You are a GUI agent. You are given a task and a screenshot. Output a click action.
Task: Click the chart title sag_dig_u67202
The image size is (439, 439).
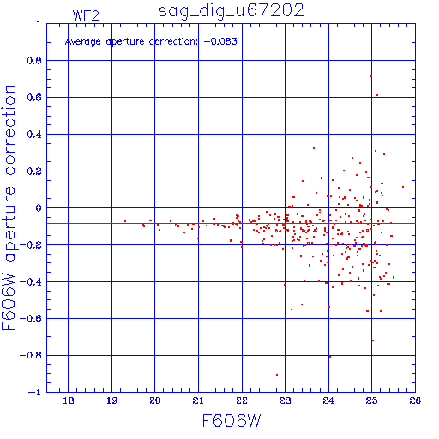[231, 11]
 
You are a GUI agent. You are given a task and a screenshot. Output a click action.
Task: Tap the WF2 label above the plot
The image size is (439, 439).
[86, 15]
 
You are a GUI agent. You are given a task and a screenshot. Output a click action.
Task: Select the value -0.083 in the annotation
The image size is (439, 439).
[220, 41]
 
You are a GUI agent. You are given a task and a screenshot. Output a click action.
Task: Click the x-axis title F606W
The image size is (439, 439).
[232, 420]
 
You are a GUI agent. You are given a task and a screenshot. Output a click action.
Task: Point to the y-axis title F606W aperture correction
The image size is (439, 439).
[9, 207]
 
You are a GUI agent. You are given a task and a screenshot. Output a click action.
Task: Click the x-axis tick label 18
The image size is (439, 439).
[69, 400]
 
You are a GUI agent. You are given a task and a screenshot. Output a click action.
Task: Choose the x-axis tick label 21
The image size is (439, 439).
[198, 400]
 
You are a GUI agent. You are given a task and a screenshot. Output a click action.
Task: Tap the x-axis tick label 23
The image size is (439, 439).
[285, 400]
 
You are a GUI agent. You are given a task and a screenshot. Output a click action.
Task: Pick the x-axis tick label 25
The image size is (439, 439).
[371, 400]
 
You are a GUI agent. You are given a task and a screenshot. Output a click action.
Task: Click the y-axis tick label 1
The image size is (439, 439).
[39, 24]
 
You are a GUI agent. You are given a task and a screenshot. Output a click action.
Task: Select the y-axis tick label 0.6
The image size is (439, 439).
[34, 98]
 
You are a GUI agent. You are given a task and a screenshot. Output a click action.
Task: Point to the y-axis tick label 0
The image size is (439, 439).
[39, 207]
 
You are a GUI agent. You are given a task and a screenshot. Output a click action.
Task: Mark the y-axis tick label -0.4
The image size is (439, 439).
[31, 282]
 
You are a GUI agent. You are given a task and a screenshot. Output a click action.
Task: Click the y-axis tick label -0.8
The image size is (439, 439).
[31, 355]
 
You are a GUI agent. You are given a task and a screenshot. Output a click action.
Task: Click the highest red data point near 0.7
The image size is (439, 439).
[370, 76]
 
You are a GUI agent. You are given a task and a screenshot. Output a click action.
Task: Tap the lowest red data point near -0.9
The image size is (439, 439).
[277, 375]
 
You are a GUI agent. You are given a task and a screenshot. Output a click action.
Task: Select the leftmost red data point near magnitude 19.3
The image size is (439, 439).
[125, 221]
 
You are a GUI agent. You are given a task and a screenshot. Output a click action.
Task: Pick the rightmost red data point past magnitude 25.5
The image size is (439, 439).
[403, 187]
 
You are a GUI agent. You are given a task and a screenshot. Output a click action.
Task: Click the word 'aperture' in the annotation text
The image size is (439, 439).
[125, 42]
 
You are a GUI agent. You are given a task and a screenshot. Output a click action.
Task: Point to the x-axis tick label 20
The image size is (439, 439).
[155, 400]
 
